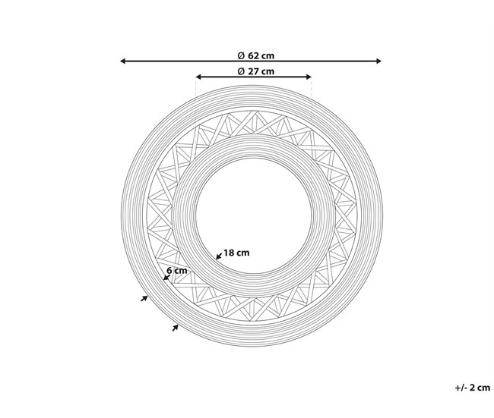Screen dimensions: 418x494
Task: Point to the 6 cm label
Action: coord(176,270)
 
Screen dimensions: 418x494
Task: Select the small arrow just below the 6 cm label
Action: coord(167,278)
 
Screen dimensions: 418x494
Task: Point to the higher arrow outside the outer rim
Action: coord(144,299)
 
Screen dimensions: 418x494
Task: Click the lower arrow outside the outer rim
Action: coord(176,327)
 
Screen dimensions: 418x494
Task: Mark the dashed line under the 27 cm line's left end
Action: coord(196,95)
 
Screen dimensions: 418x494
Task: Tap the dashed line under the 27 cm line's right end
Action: coord(312,95)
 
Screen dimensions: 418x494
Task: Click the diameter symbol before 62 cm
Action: coord(240,55)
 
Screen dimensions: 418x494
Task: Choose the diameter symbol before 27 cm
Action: coord(240,71)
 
